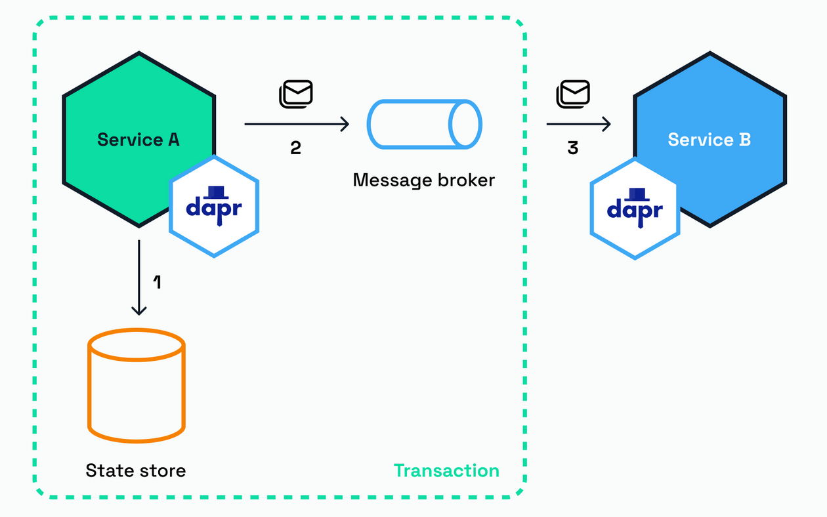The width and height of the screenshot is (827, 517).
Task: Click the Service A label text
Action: coord(138,140)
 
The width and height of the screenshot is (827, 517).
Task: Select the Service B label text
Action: coord(709,140)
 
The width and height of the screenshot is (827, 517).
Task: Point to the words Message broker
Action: coord(423,180)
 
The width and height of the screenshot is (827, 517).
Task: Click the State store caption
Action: coord(136,470)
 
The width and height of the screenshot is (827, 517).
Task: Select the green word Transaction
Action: coord(446,470)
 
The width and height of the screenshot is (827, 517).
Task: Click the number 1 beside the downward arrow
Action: coord(157,282)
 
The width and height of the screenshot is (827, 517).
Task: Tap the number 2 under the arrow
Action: coord(295,148)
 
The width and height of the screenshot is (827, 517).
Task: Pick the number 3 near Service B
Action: coord(573,148)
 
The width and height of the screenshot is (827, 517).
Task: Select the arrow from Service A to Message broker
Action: coord(296,123)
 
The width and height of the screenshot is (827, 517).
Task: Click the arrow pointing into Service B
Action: coord(578,123)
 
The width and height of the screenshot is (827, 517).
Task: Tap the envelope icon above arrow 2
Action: coord(297,94)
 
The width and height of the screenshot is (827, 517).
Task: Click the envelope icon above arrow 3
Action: coord(574,94)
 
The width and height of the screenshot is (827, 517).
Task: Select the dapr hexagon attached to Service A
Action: coord(214,206)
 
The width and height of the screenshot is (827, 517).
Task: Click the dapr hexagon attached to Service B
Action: coord(635,209)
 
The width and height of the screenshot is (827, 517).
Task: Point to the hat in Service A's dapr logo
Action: coord(214,192)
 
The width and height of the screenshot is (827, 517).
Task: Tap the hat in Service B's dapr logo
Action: coord(635,194)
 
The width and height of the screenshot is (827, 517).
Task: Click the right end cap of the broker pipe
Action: coord(466,124)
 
